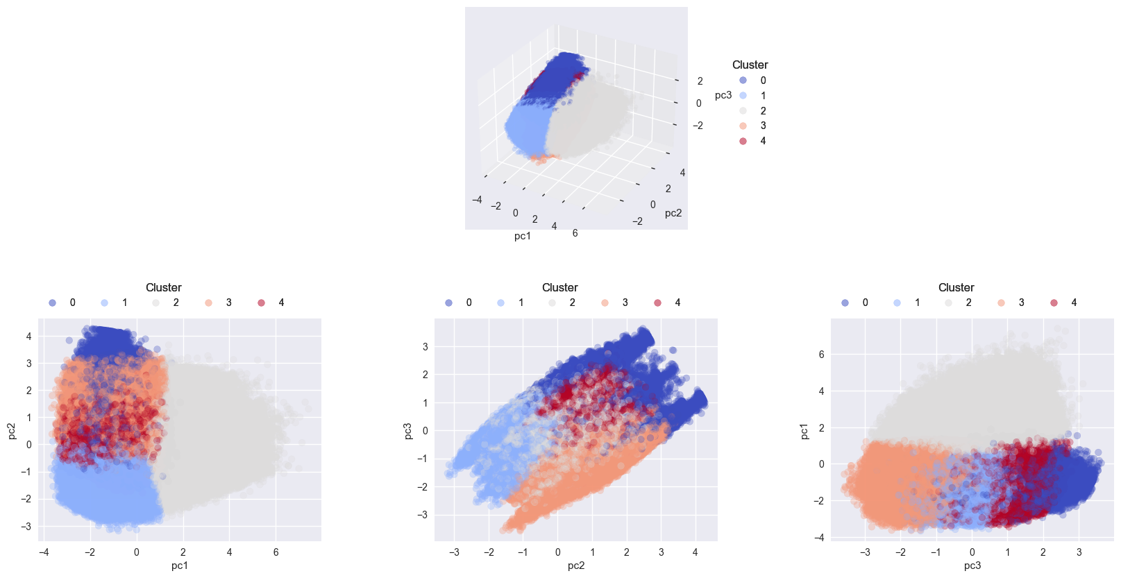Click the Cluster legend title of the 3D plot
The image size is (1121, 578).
click(750, 65)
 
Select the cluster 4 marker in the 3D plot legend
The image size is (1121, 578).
click(743, 141)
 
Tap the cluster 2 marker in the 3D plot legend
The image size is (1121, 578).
click(743, 111)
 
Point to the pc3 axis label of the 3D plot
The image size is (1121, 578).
click(723, 95)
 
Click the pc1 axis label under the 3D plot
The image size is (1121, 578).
click(523, 236)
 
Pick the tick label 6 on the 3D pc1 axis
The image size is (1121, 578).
click(575, 233)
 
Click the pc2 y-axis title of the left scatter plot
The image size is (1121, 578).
click(11, 430)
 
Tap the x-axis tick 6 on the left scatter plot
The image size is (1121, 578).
click(276, 552)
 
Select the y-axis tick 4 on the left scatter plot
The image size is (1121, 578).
click(29, 337)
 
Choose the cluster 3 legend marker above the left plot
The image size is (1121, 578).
click(209, 303)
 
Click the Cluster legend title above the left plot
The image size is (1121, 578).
click(163, 287)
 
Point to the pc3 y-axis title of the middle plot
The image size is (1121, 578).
click(407, 430)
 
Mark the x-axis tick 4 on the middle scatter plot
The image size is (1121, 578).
click(695, 552)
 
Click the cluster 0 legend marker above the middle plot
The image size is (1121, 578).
click(449, 303)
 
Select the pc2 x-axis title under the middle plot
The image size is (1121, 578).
click(575, 566)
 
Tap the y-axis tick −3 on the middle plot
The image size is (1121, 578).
click(423, 515)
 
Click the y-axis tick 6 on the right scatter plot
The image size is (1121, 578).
click(821, 355)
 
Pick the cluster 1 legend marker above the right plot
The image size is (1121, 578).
click(897, 303)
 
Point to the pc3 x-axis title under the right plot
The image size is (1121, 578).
click(972, 566)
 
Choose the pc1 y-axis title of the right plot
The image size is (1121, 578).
click(804, 430)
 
